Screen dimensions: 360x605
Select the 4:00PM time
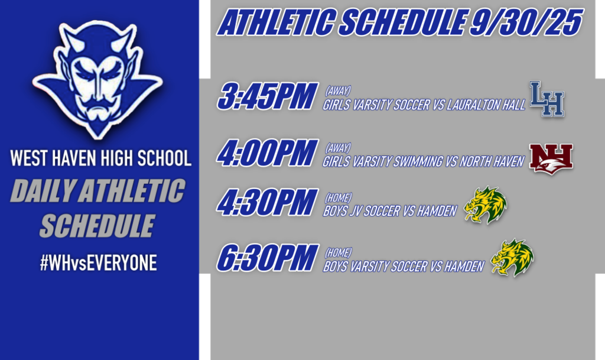[266, 153]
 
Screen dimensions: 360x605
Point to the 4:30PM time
[266, 203]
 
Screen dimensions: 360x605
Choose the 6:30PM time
[266, 258]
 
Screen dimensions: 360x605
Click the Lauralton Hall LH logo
[547, 99]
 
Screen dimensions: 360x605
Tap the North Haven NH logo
[551, 158]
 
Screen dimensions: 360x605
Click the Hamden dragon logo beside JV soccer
[485, 205]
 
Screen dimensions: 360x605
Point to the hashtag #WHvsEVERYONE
[98, 264]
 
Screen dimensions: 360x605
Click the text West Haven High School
[100, 158]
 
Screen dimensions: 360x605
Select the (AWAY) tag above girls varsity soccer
[338, 90]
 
